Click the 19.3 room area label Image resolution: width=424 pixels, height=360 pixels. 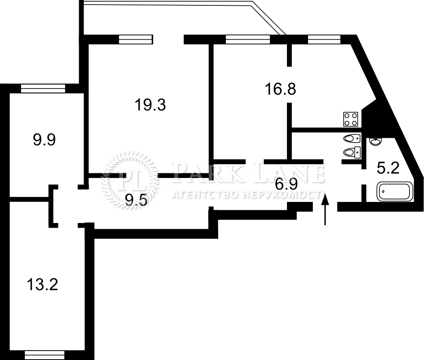[150, 105]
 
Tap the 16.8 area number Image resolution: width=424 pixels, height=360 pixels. [280, 89]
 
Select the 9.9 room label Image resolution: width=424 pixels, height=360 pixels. [44, 140]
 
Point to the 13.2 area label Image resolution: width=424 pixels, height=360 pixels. [43, 285]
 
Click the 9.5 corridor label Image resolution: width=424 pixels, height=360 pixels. [137, 200]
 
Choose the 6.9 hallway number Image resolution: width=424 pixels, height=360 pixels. [287, 184]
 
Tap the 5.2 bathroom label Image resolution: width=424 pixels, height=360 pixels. [388, 168]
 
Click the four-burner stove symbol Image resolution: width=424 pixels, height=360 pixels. [351, 119]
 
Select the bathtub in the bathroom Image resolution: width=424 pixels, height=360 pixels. [395, 192]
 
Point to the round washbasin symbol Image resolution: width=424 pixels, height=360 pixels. [376, 142]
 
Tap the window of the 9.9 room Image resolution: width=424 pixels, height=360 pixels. [43, 89]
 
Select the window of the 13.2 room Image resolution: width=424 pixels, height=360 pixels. [45, 355]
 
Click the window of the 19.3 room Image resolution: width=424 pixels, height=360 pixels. [136, 39]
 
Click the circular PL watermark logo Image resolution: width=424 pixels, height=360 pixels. [129, 180]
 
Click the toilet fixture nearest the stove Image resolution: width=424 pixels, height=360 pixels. [352, 139]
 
